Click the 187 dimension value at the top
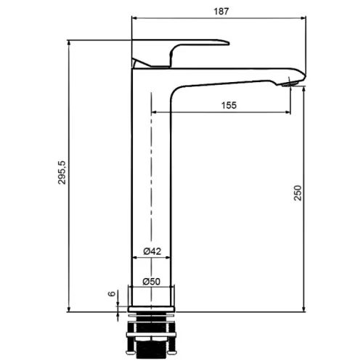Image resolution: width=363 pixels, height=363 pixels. pyautogui.click(x=221, y=12)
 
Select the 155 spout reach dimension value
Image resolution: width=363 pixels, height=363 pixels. pyautogui.click(x=229, y=105)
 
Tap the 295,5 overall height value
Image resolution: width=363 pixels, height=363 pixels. pyautogui.click(x=62, y=172)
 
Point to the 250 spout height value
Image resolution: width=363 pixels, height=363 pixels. pyautogui.click(x=298, y=193)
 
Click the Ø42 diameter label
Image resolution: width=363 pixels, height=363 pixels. pyautogui.click(x=152, y=251)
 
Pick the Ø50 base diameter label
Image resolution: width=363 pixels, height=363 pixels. pyautogui.click(x=152, y=282)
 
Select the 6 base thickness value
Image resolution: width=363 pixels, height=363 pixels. pyautogui.click(x=112, y=294)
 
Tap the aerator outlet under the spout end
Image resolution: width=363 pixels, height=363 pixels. pyautogui.click(x=290, y=84)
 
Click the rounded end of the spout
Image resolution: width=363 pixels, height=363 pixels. pyautogui.click(x=303, y=76)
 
